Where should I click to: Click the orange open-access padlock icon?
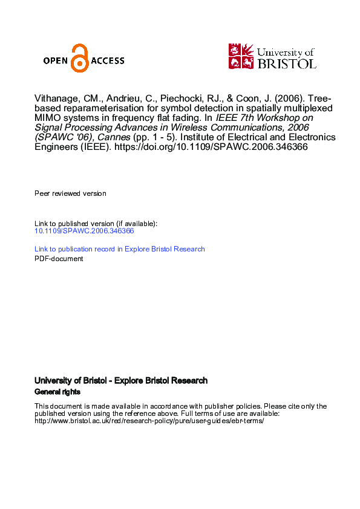pos(79,59)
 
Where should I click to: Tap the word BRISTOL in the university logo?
pos(287,63)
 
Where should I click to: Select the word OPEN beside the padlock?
pos(56,60)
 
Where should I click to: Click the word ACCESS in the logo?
pos(108,60)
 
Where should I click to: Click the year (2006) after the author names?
pos(282,99)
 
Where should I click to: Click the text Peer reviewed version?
pos(70,193)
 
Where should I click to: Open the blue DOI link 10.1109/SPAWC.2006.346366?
pos(84,231)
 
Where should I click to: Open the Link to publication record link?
pos(119,249)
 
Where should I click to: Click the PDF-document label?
pos(59,259)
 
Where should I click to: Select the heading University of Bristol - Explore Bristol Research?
pos(121,381)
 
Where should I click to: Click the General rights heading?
pos(57,392)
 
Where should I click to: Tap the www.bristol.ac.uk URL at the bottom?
pos(149,421)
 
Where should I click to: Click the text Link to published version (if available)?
pos(96,224)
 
